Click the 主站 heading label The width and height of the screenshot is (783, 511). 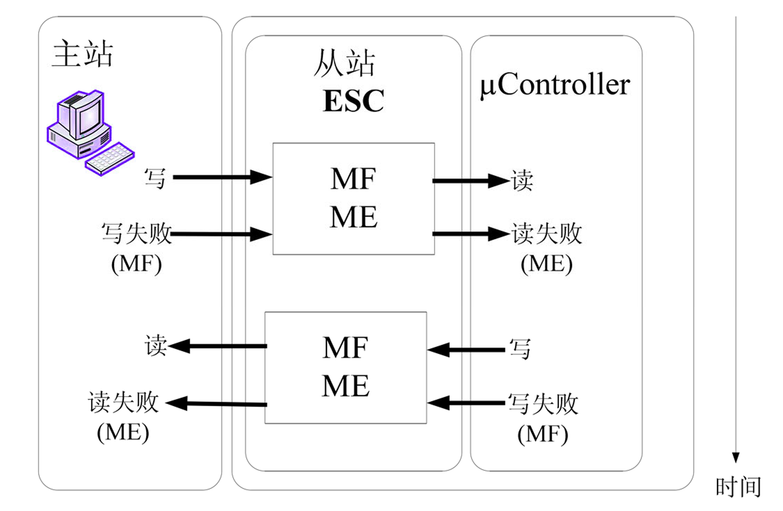(83, 54)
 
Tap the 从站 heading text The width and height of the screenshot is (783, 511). (344, 63)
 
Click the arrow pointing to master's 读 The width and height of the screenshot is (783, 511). (217, 346)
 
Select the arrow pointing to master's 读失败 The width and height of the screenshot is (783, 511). (216, 404)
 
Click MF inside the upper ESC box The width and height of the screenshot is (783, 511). (353, 179)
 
